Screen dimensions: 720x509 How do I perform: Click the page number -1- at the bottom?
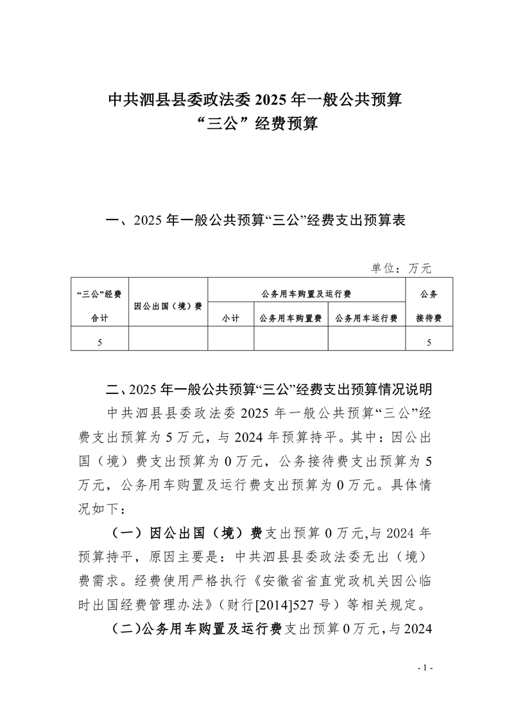[x=426, y=667]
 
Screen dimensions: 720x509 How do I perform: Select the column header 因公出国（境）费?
[x=168, y=305]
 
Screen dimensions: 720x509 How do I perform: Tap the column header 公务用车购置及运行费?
[x=306, y=293]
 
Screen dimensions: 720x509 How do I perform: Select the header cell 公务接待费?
[x=429, y=305]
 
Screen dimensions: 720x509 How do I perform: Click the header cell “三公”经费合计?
[x=99, y=305]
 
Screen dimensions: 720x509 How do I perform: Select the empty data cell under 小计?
[x=230, y=341]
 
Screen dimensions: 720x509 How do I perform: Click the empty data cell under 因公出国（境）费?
[x=168, y=341]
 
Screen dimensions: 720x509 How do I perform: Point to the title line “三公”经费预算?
[x=254, y=123]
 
